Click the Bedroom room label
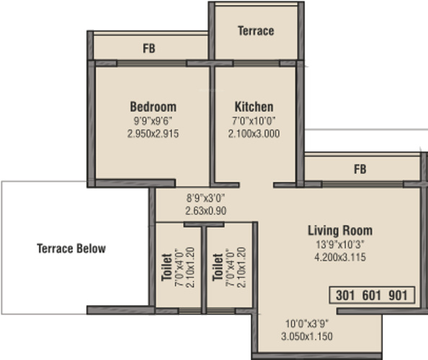point(153,107)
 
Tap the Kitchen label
point(254,107)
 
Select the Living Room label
point(340,230)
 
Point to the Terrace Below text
point(71,248)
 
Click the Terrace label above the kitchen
point(256,31)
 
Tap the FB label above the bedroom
point(149,48)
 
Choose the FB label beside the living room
point(360,169)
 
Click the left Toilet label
point(166,267)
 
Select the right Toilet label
point(218,267)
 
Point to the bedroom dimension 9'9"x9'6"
point(153,120)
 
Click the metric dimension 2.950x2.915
point(153,134)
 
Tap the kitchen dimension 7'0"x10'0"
point(254,120)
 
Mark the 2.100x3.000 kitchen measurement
point(254,134)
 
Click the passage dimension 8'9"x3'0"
point(206,198)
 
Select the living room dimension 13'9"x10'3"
point(340,244)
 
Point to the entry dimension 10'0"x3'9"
point(307,324)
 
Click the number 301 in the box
point(345,295)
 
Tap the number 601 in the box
point(372,295)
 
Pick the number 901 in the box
point(398,295)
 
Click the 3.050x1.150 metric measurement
point(307,336)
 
